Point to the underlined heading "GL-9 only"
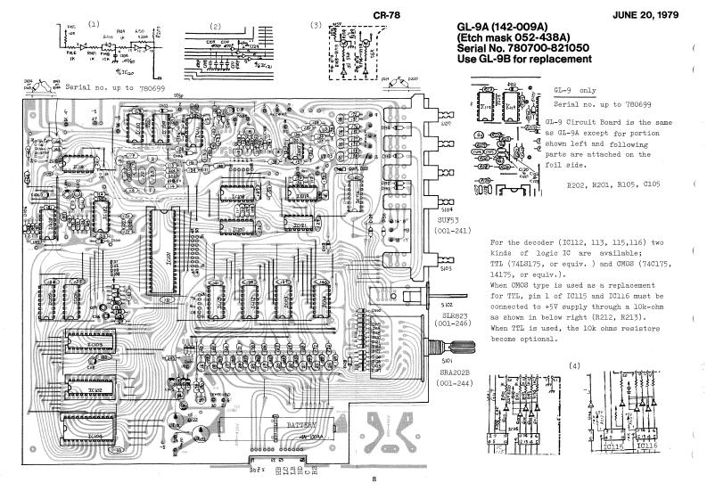click(574, 91)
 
